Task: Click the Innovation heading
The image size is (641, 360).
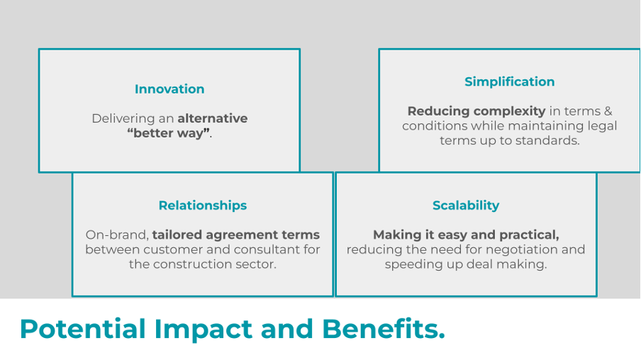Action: (x=169, y=89)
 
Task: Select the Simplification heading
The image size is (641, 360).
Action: (x=509, y=81)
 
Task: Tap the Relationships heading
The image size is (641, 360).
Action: (x=203, y=205)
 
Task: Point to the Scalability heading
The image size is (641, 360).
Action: (x=466, y=205)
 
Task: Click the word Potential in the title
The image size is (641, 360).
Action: (x=83, y=329)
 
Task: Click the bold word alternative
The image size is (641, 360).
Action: (x=213, y=118)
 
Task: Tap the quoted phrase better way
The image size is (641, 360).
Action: (x=169, y=133)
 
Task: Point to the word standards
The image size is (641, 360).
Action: (x=546, y=140)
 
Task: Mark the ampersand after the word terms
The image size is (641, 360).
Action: (x=608, y=111)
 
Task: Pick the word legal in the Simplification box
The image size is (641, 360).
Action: (x=603, y=126)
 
